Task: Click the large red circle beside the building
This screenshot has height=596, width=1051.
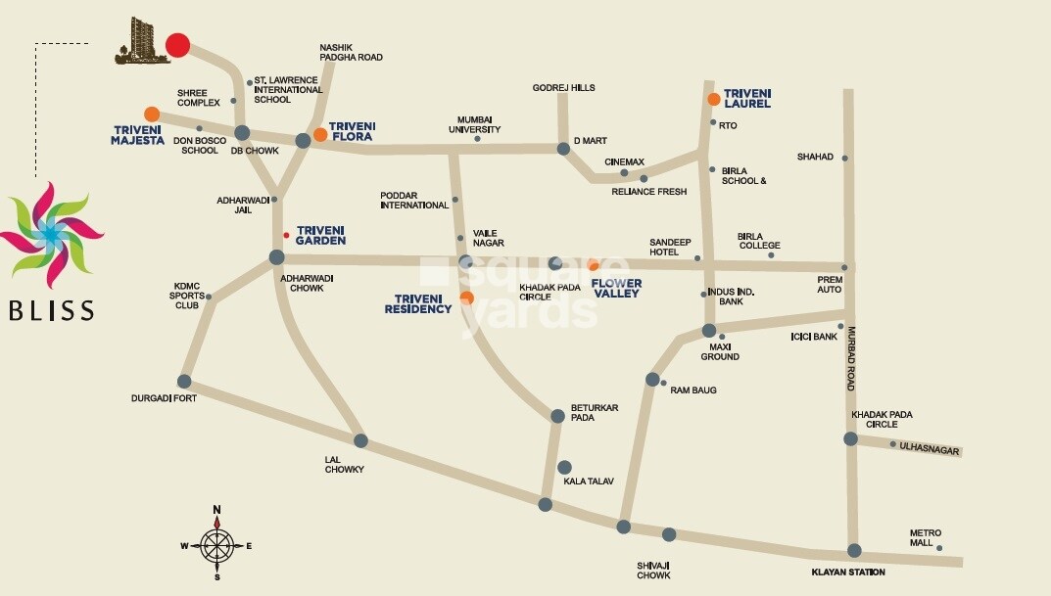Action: (x=177, y=45)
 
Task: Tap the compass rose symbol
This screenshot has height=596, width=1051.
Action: (x=216, y=545)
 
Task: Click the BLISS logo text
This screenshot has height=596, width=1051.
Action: (x=52, y=311)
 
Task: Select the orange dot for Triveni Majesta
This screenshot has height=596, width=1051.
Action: (x=152, y=115)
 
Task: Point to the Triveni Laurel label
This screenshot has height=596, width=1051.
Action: (x=747, y=98)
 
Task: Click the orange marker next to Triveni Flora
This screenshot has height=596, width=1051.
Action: (x=320, y=135)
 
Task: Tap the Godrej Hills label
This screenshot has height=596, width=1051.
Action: (x=563, y=88)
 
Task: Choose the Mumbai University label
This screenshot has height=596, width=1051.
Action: (x=474, y=124)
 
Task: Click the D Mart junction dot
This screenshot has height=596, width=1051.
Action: (x=563, y=149)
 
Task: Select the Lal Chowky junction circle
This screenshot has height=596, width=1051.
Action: (x=360, y=440)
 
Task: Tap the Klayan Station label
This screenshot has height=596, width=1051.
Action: (x=848, y=572)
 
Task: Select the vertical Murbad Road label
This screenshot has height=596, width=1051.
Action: (x=852, y=359)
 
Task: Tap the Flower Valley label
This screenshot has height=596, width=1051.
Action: (x=617, y=288)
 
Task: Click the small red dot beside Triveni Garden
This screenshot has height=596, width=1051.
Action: (x=286, y=235)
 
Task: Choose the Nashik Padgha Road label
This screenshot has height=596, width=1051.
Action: (x=351, y=52)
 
